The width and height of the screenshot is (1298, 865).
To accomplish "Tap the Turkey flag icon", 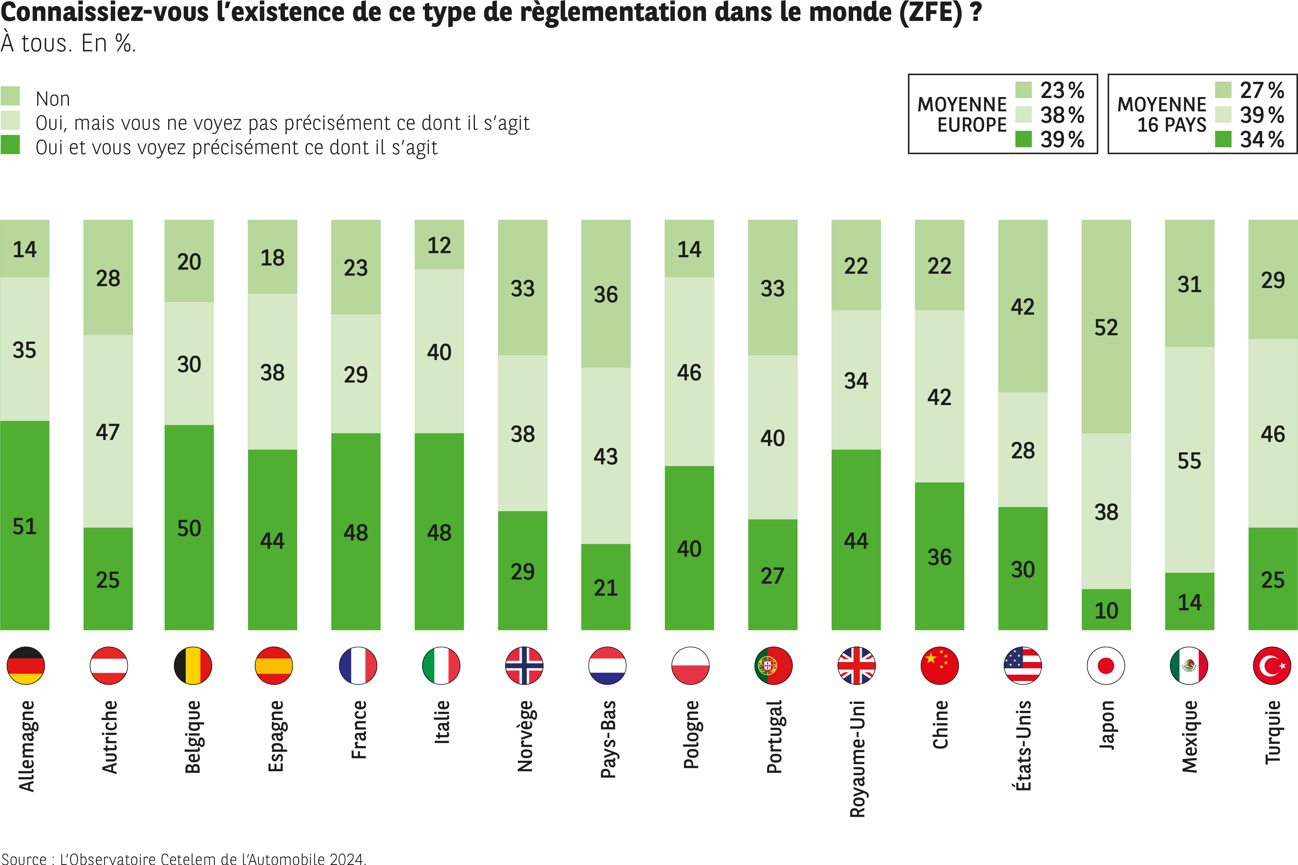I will pyautogui.click(x=1272, y=665).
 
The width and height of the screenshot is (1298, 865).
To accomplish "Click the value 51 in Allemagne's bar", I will pyautogui.click(x=25, y=526).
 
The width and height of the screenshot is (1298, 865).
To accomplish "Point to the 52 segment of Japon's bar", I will pyautogui.click(x=1106, y=328).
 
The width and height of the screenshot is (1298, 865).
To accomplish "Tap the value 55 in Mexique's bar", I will pyautogui.click(x=1189, y=461).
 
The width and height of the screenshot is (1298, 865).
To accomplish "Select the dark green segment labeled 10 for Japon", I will pyautogui.click(x=1106, y=610).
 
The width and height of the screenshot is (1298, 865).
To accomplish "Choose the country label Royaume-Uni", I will pyautogui.click(x=857, y=758).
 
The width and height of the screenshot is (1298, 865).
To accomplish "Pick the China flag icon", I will pyautogui.click(x=939, y=665).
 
